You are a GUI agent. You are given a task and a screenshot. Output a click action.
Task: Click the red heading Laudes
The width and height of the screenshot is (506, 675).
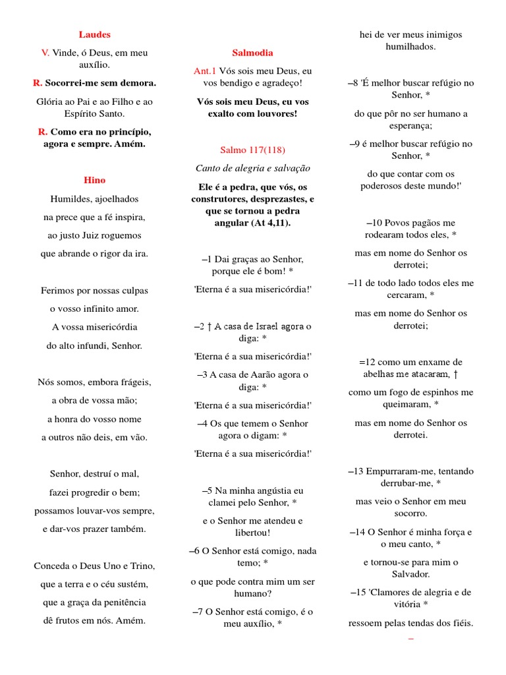[95, 34]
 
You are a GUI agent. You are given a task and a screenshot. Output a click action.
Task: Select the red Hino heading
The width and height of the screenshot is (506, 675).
[95, 180]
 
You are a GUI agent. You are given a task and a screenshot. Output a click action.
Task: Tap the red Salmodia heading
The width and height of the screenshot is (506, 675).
[252, 53]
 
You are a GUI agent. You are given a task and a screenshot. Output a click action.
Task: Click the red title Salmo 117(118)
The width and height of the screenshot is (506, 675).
[252, 150]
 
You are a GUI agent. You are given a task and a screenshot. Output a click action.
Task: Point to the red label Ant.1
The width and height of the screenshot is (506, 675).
[205, 71]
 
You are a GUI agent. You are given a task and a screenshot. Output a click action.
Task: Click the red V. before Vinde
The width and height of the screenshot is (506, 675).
[45, 53]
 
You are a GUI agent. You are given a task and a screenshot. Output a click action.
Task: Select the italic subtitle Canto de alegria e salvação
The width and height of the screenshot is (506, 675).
[252, 168]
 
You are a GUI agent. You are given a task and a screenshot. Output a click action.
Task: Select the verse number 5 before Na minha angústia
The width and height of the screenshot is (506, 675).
[208, 490]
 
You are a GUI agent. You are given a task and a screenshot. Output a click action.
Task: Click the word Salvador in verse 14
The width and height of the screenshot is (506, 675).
[410, 574]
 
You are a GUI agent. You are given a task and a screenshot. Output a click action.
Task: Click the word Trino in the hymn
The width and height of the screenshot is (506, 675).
[141, 566]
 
